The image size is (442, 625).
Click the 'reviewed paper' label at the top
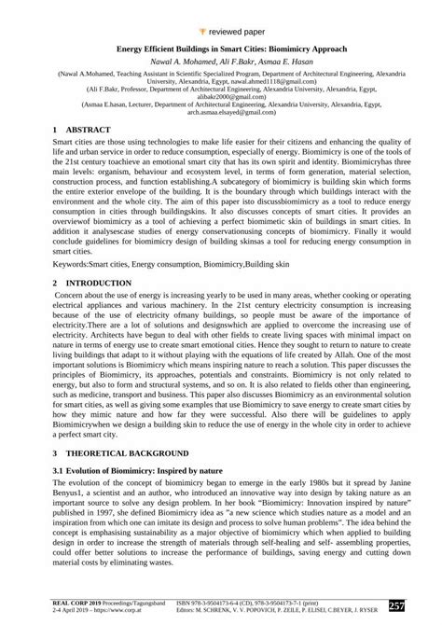point(228,11)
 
